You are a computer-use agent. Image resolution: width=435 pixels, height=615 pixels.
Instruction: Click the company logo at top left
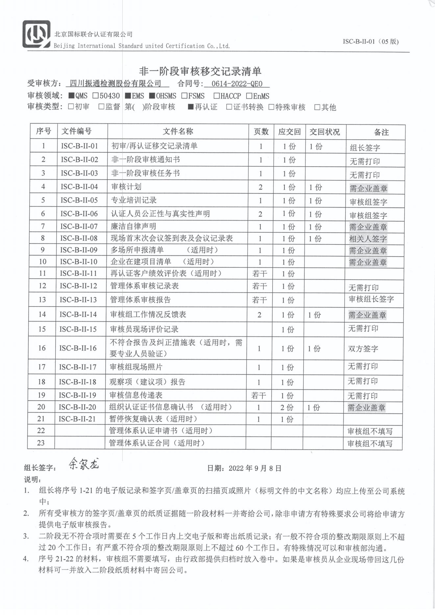(x=36, y=34)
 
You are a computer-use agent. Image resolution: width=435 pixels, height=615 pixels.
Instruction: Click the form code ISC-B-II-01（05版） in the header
(x=371, y=42)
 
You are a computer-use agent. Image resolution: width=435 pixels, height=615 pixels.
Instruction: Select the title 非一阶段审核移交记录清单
(x=200, y=71)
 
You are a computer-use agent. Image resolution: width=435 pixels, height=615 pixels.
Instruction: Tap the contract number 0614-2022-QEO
(x=237, y=84)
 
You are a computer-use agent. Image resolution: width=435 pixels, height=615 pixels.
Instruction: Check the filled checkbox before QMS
(x=71, y=96)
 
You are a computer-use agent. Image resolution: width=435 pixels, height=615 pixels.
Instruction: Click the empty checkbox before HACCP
(x=216, y=96)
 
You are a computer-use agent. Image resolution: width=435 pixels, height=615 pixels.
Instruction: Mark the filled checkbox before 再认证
(x=190, y=107)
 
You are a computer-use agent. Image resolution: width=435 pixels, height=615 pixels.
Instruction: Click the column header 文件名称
(x=178, y=132)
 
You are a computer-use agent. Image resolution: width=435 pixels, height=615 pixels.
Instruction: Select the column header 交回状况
(x=325, y=132)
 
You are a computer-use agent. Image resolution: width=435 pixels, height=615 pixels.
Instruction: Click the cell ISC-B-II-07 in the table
(x=79, y=227)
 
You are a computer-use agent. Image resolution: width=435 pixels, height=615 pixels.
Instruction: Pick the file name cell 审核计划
(x=126, y=187)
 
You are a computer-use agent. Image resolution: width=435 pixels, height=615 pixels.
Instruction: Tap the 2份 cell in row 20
(x=287, y=407)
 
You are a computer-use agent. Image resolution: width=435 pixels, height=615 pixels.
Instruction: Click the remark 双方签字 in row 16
(x=363, y=349)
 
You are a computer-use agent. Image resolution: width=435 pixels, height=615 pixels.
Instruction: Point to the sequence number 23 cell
(x=41, y=443)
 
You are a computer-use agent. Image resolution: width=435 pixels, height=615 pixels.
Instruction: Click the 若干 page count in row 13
(x=259, y=300)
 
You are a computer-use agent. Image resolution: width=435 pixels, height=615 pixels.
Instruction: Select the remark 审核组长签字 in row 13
(x=371, y=299)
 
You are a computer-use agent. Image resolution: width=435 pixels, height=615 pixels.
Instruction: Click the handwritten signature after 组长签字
(x=84, y=464)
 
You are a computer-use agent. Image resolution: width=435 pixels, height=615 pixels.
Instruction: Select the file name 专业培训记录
(x=133, y=200)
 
